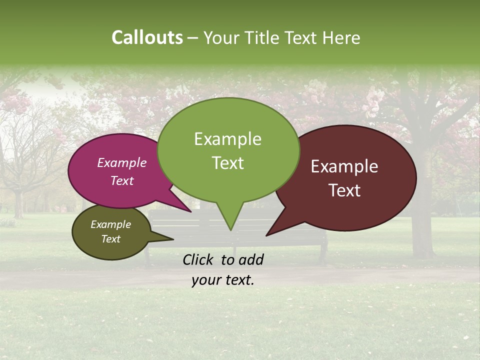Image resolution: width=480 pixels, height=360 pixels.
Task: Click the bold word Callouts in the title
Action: click(x=147, y=38)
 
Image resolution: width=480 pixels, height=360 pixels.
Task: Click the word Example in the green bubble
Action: click(x=227, y=139)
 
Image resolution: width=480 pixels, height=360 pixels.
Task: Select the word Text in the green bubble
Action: click(x=227, y=163)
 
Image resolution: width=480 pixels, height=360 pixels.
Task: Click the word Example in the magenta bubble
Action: click(x=121, y=163)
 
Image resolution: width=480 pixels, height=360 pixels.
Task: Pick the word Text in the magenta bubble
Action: click(x=121, y=181)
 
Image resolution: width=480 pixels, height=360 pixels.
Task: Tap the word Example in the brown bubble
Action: click(x=344, y=166)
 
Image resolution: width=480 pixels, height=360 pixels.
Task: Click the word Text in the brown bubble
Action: click(x=344, y=190)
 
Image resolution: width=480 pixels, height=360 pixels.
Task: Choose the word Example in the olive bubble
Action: click(x=110, y=225)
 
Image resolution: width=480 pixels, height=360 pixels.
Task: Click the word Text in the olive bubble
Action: click(x=110, y=239)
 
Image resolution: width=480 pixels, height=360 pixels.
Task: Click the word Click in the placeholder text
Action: click(x=199, y=259)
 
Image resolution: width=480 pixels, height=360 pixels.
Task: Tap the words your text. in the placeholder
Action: click(x=223, y=280)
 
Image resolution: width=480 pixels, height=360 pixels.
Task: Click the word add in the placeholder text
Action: click(x=251, y=259)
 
